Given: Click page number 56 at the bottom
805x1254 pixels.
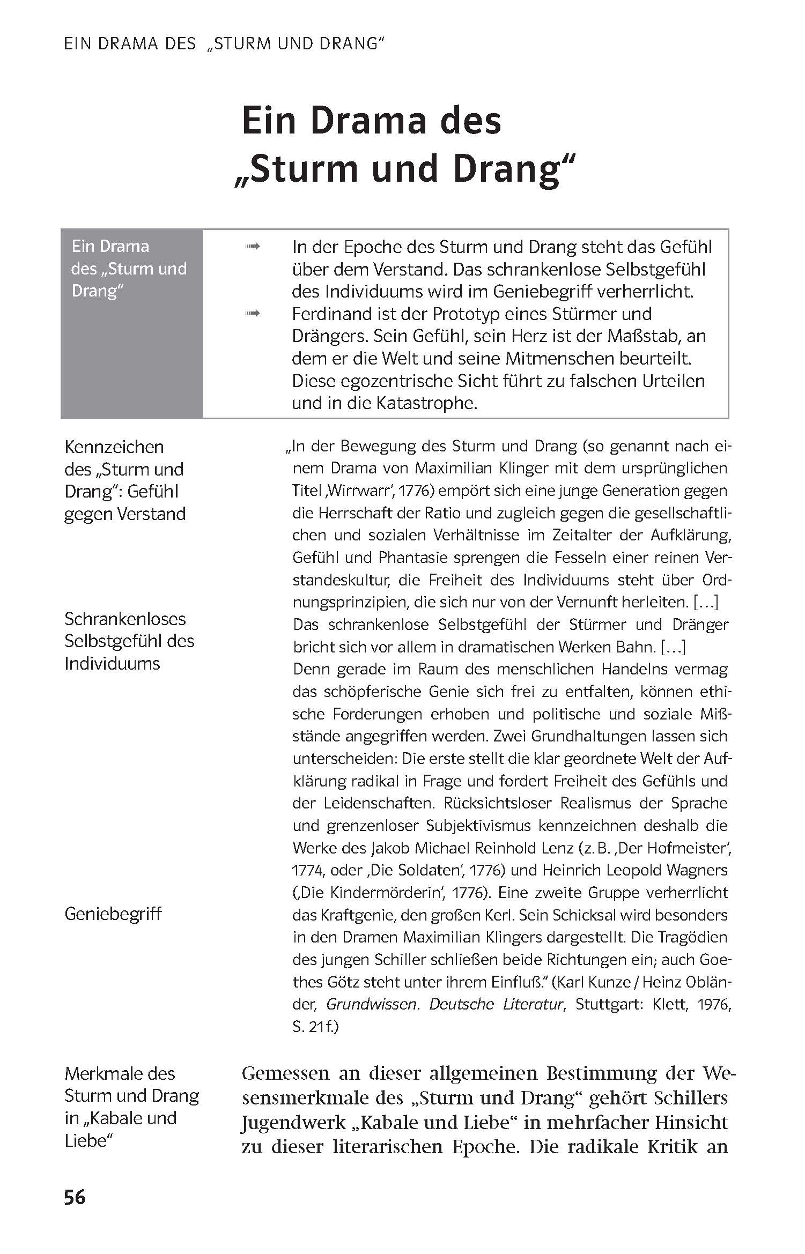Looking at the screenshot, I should (x=75, y=1197).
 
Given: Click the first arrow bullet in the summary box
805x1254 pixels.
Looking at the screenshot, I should (x=252, y=247).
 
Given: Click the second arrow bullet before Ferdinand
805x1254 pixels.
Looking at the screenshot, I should (x=252, y=314).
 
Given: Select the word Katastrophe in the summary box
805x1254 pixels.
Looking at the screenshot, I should (x=426, y=403).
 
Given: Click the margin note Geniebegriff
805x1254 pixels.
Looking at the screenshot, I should (x=113, y=914).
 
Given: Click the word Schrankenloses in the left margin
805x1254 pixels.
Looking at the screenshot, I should (x=125, y=619).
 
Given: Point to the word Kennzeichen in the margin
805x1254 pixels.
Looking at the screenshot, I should (x=114, y=447).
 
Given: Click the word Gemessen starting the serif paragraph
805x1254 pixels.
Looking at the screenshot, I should (x=285, y=1074).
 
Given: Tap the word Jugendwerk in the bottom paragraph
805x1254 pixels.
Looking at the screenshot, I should (x=290, y=1122).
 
